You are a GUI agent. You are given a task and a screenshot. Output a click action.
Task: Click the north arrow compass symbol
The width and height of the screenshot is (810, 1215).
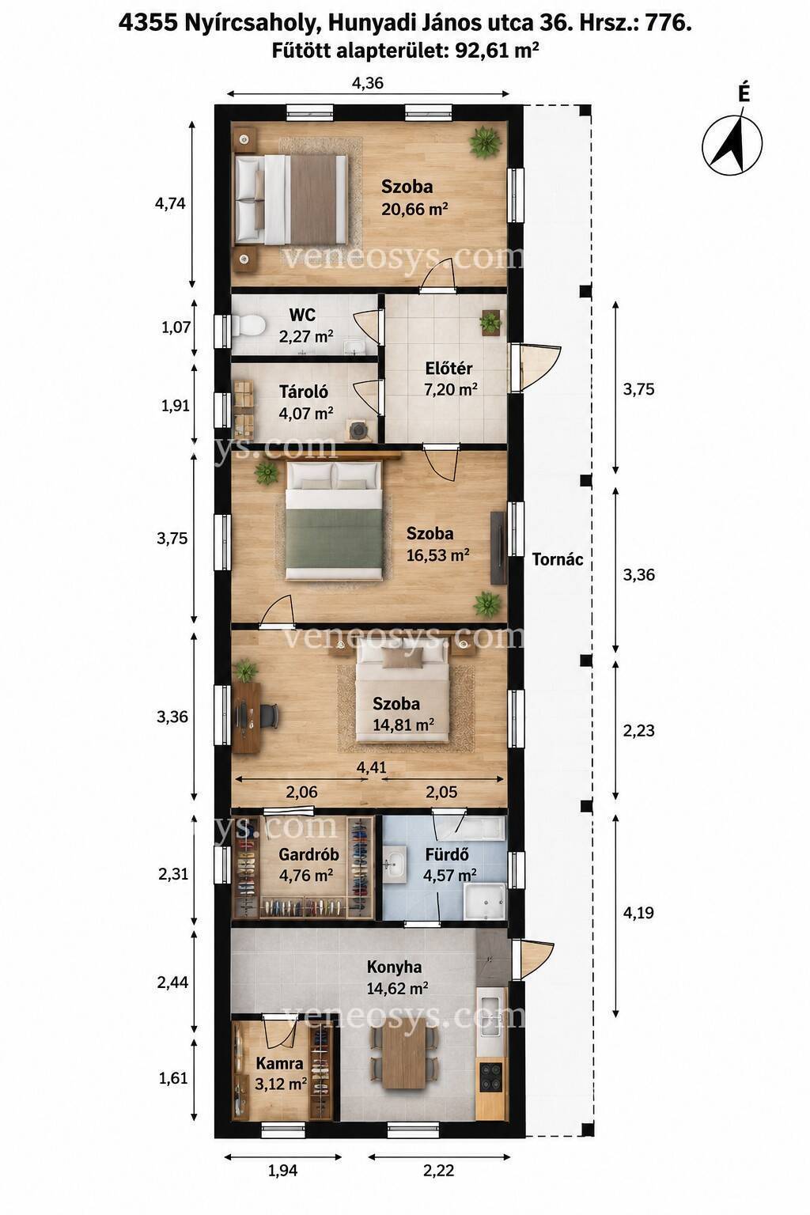pyautogui.click(x=732, y=144)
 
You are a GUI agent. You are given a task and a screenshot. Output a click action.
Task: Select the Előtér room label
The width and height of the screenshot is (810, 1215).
pyautogui.click(x=449, y=369)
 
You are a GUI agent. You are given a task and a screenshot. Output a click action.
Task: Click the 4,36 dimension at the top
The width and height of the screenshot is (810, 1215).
pyautogui.click(x=367, y=83)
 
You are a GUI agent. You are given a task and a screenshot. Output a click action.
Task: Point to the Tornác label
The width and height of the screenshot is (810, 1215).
pyautogui.click(x=557, y=559)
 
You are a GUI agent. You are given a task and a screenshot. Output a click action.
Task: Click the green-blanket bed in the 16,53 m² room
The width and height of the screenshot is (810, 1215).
pyautogui.click(x=338, y=520)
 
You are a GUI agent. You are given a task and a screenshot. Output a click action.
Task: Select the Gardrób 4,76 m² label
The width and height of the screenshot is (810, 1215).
pyautogui.click(x=308, y=865)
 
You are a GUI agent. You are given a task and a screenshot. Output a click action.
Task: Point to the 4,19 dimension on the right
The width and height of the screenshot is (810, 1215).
pyautogui.click(x=638, y=913)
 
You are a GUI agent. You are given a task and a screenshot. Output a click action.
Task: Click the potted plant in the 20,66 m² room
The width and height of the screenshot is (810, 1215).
pyautogui.click(x=484, y=142)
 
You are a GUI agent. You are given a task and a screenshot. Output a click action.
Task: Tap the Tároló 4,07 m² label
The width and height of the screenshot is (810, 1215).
pyautogui.click(x=305, y=402)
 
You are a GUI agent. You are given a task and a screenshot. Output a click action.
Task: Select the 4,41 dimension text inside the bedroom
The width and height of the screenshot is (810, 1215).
pyautogui.click(x=372, y=767)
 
